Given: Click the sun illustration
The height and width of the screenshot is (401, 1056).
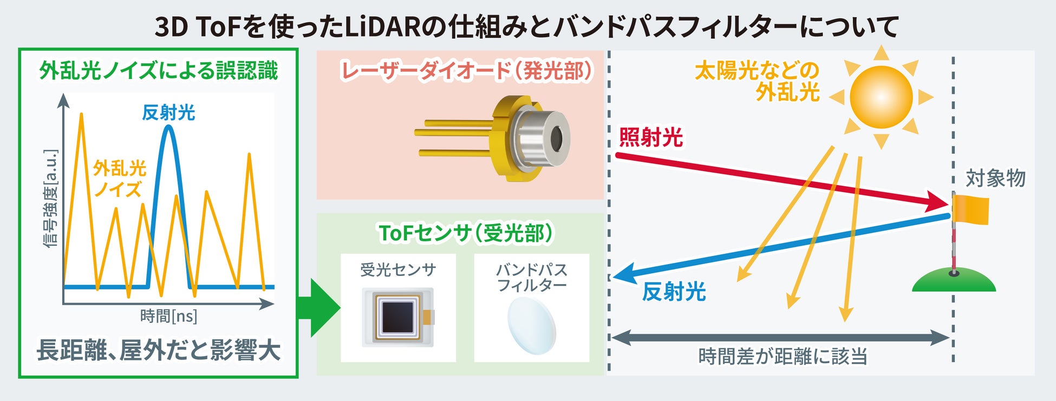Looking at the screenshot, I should tap(881, 97).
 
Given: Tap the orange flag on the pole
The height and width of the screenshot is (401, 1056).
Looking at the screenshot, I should tap(972, 210).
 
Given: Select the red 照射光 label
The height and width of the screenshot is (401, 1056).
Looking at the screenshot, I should tap(650, 137).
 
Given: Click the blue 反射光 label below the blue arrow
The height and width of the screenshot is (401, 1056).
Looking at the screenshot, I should tap(674, 292).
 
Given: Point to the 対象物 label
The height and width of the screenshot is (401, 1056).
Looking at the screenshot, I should tap(995, 178).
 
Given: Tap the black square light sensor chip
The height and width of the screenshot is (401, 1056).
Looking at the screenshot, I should tap(398, 316).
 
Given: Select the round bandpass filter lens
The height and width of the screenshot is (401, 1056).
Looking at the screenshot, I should tap(532, 325).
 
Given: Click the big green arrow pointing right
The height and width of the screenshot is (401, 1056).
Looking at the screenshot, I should tap(320, 308).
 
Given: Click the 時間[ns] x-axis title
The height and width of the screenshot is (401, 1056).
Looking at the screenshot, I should tap(168, 316).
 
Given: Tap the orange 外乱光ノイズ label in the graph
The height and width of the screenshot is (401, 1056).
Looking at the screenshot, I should tap(119, 179).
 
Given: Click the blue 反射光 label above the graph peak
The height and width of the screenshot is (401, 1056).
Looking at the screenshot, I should tap(168, 113).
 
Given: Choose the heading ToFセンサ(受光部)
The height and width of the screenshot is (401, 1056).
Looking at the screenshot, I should tap(466, 233).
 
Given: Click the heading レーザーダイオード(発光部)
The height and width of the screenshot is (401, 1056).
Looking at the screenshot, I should tap(467, 71).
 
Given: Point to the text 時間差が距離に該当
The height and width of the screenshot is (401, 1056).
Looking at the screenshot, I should tap(783, 357).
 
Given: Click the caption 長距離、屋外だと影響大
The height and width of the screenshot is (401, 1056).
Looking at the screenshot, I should tap(158, 350).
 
